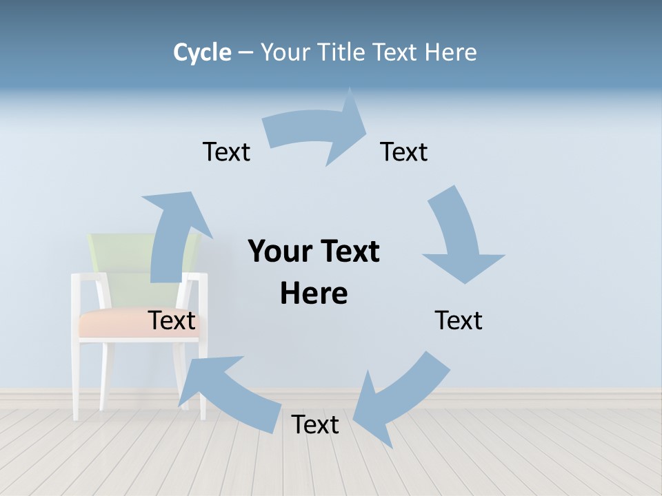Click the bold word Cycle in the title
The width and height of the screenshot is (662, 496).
coord(202,52)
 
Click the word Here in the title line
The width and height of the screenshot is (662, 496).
coord(450,52)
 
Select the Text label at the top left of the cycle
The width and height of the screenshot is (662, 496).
coord(226,152)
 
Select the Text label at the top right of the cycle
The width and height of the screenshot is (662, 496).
coord(404,152)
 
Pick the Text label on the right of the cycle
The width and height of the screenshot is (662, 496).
coord(459,320)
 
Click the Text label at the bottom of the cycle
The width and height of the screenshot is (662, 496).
coord(315,424)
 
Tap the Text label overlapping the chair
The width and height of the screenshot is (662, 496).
coord(172,320)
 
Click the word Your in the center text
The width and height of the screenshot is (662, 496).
coord(279,251)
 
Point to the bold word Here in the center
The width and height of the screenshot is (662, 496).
coord(314,293)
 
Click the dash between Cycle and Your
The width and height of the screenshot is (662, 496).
coord(245,52)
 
